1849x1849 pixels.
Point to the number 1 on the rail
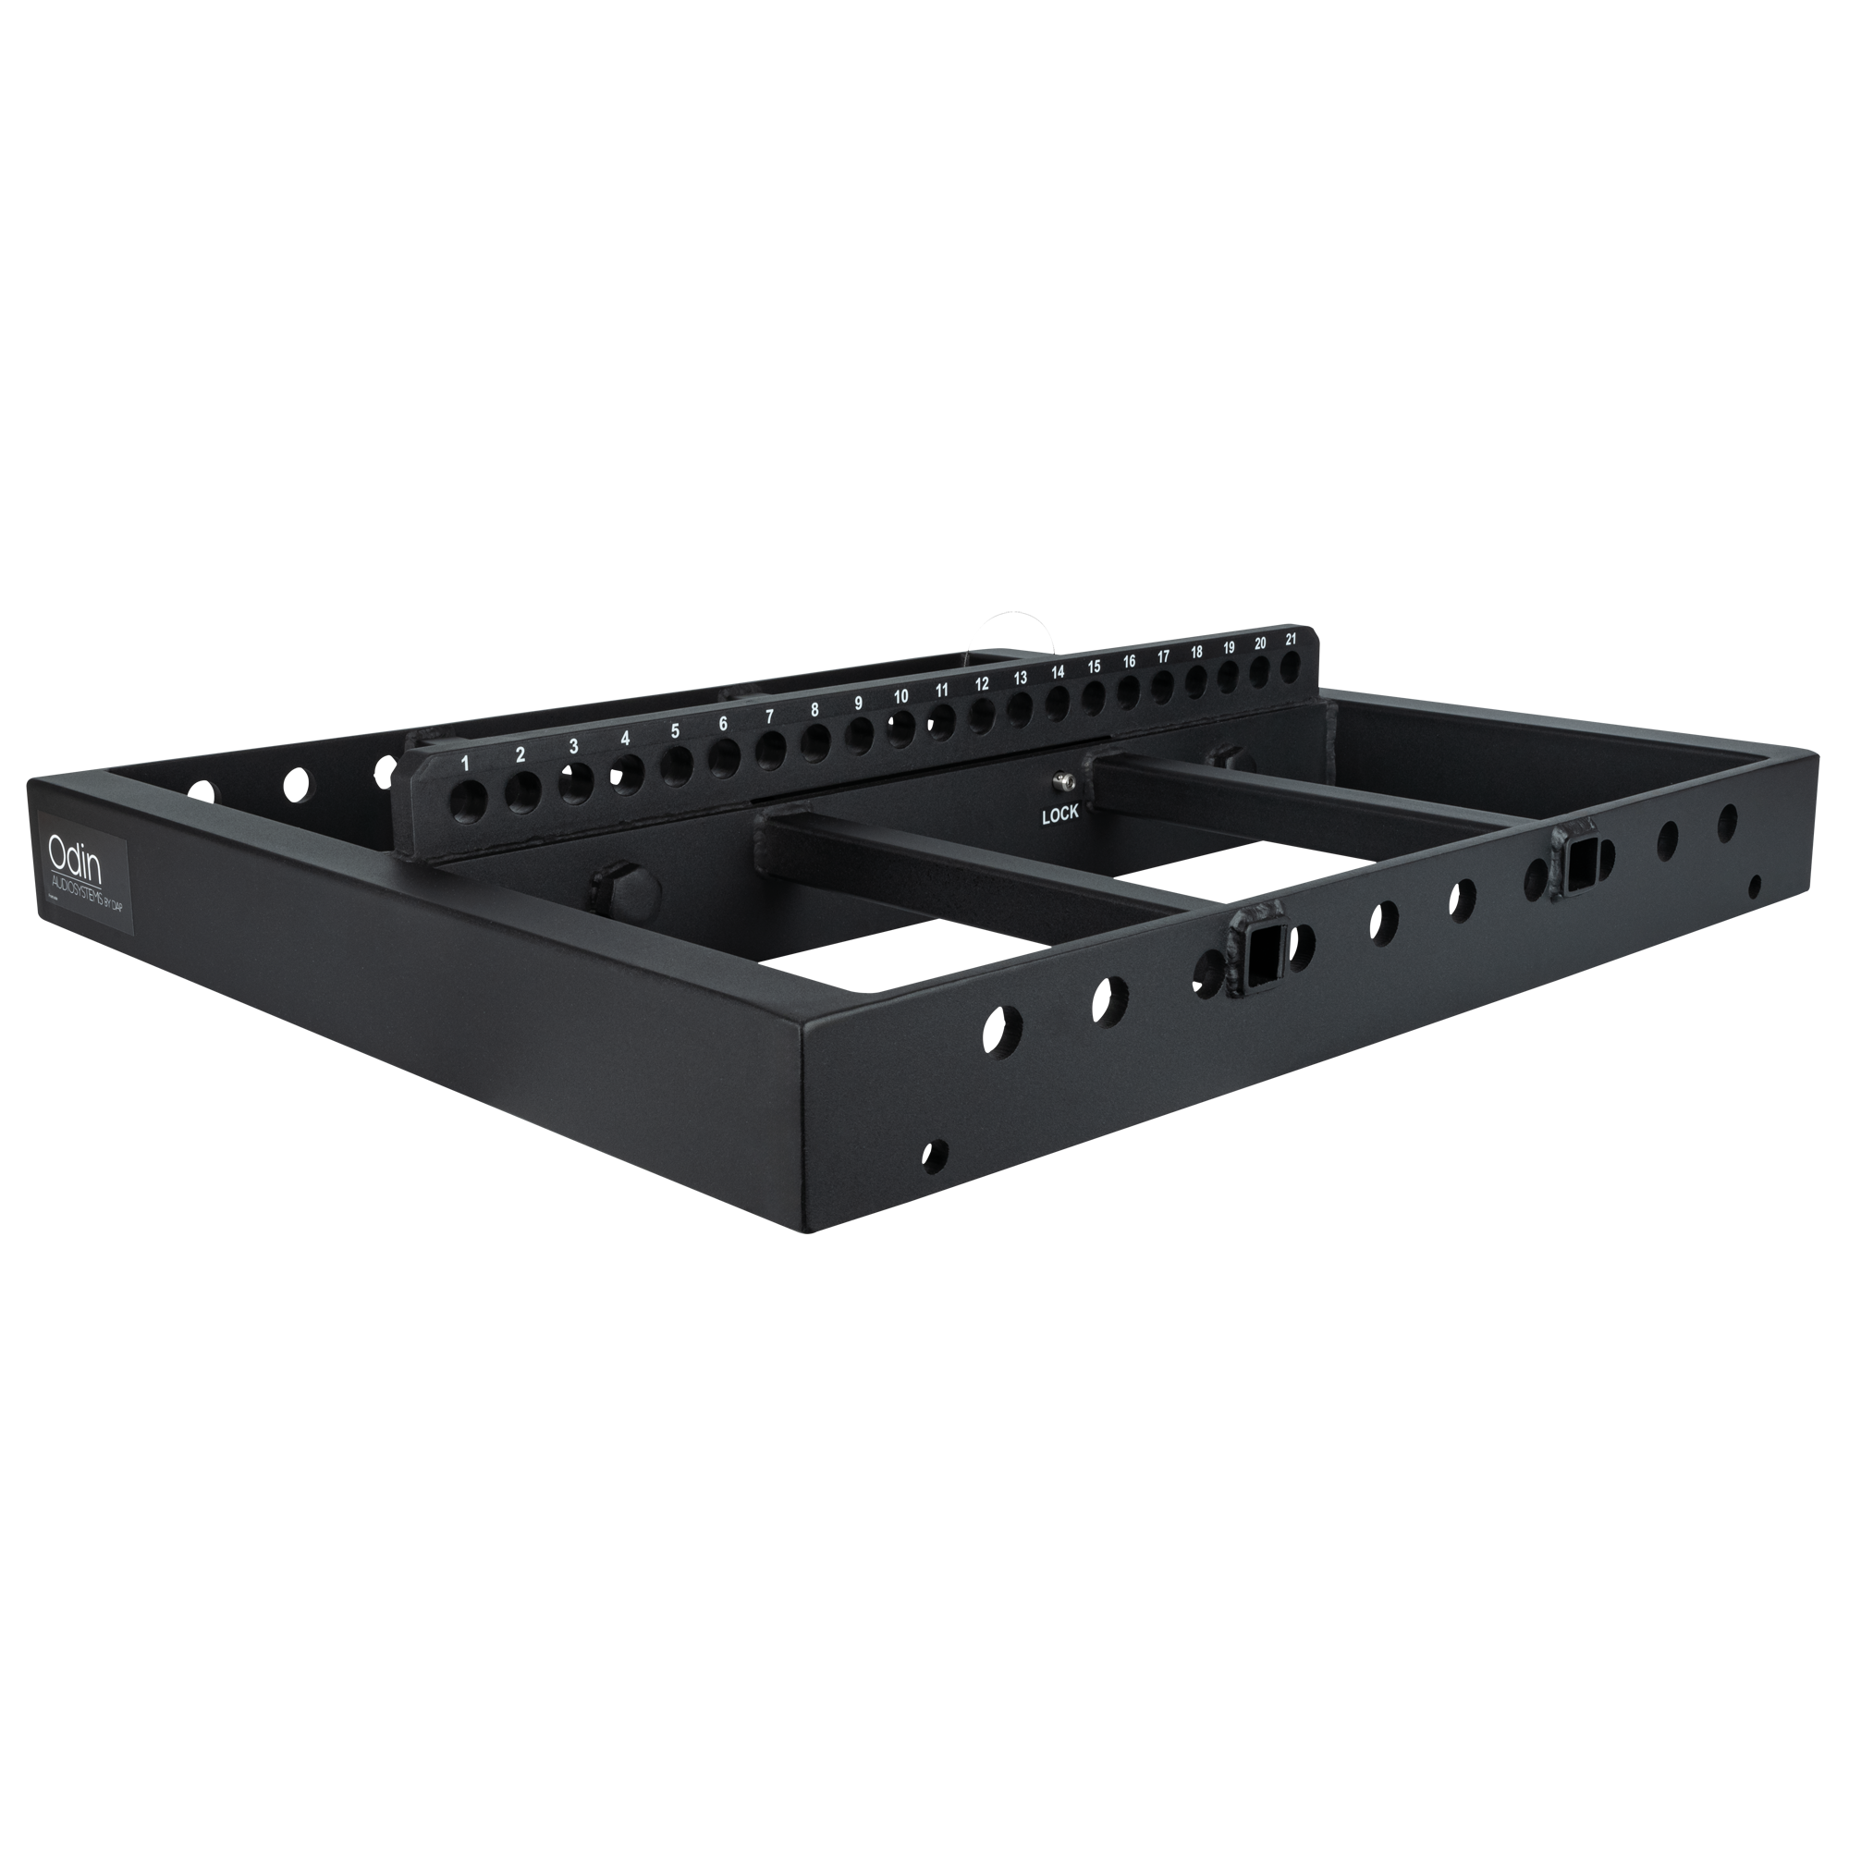click(x=466, y=763)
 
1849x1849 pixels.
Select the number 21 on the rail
click(x=1291, y=638)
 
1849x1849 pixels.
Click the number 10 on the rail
click(x=900, y=697)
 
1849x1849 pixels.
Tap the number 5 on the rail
click(x=675, y=731)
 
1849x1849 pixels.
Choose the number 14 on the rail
click(x=1058, y=673)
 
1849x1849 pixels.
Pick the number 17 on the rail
click(x=1163, y=656)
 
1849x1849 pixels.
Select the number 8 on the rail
click(x=814, y=710)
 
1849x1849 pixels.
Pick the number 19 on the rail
click(x=1229, y=647)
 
